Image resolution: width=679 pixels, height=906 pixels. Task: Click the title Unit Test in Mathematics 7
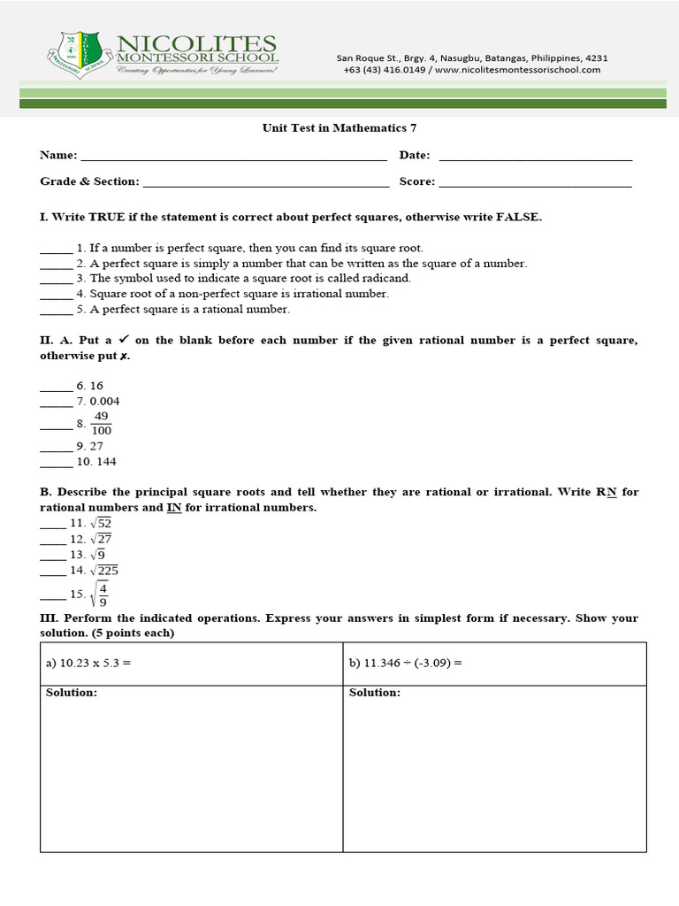339,127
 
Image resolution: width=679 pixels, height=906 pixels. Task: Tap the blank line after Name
233,156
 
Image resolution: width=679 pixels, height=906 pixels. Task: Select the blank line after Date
535,156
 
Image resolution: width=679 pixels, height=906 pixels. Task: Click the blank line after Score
535,182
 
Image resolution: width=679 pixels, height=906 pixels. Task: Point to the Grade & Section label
89,181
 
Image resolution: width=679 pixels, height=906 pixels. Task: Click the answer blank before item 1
56,249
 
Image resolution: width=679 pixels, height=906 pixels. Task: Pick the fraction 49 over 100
101,423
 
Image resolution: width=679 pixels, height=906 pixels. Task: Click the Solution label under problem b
374,693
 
